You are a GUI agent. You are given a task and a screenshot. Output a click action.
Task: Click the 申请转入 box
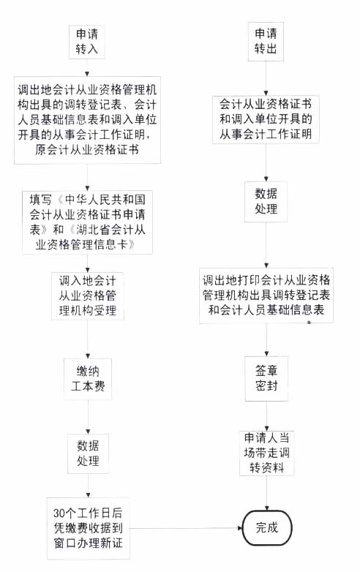tap(87, 42)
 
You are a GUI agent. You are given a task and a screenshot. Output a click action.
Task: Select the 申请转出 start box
tap(266, 41)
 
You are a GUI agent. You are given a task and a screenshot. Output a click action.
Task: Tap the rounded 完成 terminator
tap(267, 527)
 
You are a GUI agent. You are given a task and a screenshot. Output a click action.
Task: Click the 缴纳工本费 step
tap(88, 379)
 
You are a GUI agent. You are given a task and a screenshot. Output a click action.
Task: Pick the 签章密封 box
tap(266, 379)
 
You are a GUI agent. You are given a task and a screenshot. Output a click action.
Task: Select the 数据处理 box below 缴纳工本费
tap(88, 454)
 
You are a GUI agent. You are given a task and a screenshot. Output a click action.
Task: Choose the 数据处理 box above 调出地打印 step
tap(266, 201)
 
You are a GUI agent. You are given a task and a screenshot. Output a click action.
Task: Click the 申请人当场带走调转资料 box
tap(266, 453)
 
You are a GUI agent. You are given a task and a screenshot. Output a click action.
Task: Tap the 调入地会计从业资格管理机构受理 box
tap(88, 296)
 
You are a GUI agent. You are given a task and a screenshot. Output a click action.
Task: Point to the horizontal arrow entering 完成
tap(186, 528)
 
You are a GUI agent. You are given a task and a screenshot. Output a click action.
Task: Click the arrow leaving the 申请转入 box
tap(87, 67)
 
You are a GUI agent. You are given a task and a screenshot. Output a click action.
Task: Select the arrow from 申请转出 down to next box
tap(266, 78)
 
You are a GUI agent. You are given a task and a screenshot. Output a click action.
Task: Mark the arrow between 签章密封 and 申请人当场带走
tap(266, 416)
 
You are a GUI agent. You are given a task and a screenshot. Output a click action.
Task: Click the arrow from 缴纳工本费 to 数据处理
tap(88, 417)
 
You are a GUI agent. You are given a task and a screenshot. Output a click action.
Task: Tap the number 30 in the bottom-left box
tap(59, 513)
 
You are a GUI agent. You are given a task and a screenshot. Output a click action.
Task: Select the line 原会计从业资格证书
tap(87, 149)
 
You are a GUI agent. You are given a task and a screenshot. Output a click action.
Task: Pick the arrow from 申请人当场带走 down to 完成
tap(267, 493)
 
